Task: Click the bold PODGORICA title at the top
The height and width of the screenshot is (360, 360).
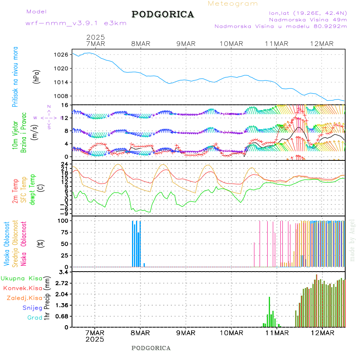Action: point(163,14)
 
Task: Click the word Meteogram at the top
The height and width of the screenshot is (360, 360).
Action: point(233,4)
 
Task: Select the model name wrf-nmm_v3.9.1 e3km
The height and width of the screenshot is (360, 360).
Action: point(76,23)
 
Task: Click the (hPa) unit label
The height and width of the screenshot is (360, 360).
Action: point(37,76)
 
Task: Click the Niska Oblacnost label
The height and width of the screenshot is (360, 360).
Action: point(24,244)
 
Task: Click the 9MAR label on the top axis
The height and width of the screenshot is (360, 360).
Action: point(186,44)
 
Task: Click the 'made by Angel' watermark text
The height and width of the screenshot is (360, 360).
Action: point(352,240)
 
